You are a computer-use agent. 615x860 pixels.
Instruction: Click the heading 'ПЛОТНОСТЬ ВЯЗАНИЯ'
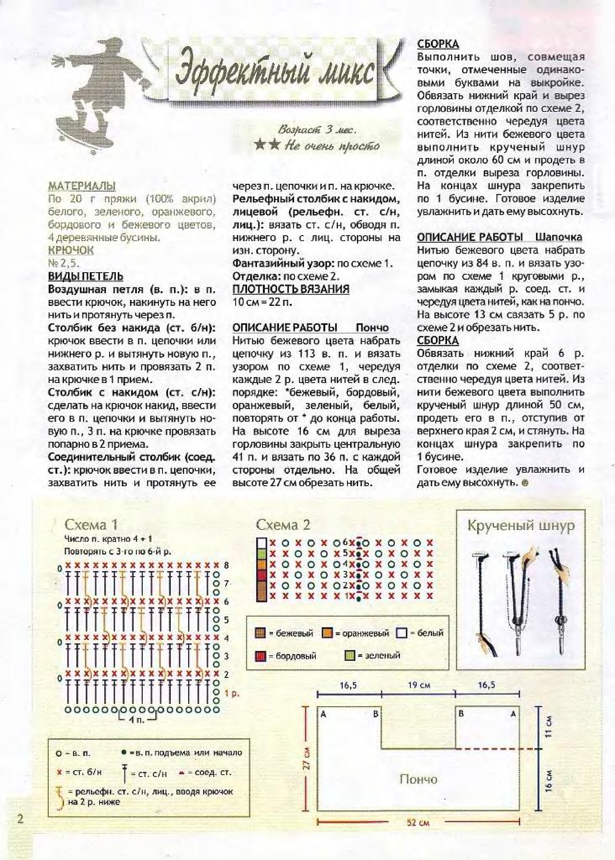291,289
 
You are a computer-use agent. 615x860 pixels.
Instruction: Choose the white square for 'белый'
401,633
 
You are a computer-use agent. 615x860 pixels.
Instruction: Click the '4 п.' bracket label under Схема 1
137,720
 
